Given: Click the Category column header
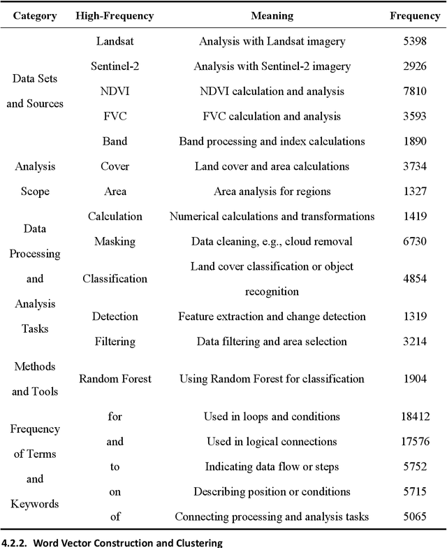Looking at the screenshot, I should (x=35, y=15).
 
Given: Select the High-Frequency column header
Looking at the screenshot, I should (x=115, y=15).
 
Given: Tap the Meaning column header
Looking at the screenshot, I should (x=272, y=15).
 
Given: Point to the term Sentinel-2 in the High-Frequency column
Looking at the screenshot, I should (x=115, y=66).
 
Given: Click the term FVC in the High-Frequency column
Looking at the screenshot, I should (x=115, y=116).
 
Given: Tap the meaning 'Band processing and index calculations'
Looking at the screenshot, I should (x=272, y=141).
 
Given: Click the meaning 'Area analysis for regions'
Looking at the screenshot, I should (x=272, y=192).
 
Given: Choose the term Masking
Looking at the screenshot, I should (x=115, y=241).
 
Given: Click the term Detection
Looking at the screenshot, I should (x=115, y=317).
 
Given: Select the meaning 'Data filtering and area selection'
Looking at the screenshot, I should (x=272, y=341).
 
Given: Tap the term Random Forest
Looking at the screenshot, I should (x=115, y=379).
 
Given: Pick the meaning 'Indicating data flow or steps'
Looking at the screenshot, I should (x=272, y=466).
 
